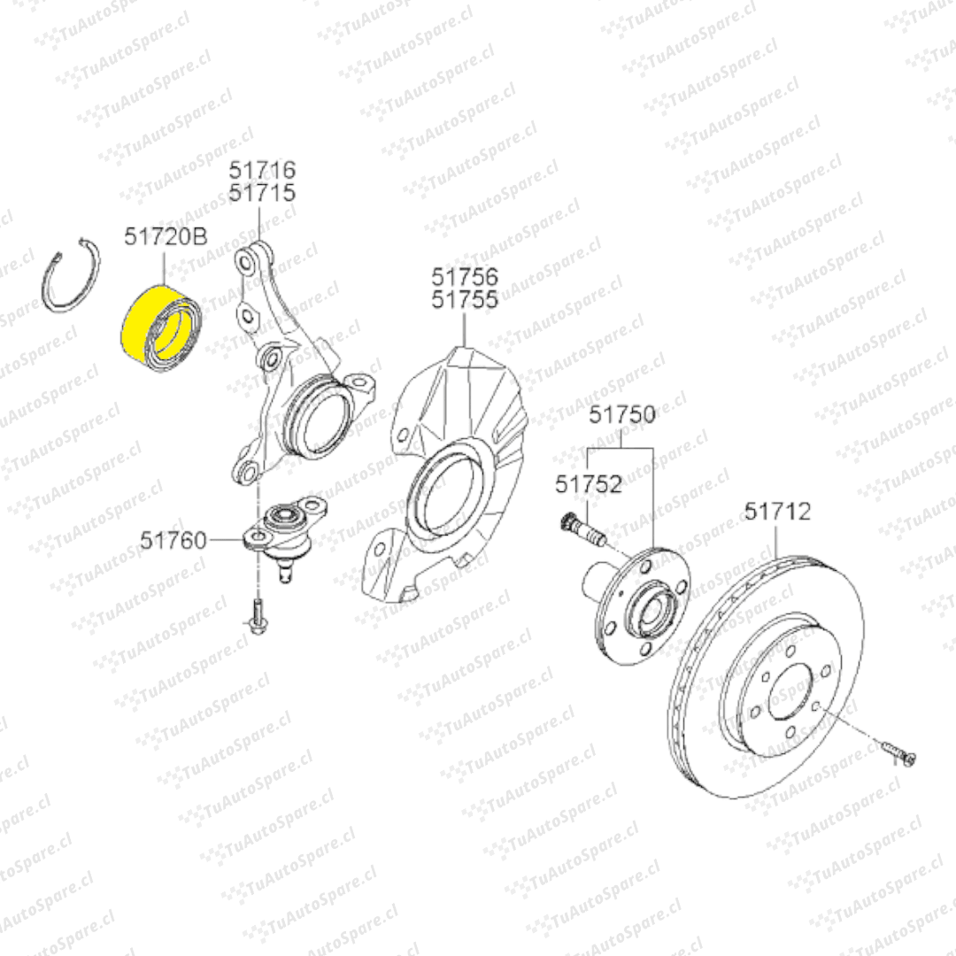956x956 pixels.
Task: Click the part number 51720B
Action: pyautogui.click(x=166, y=236)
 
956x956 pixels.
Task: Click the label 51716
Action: pyautogui.click(x=262, y=169)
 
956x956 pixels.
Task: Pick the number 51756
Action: pyautogui.click(x=465, y=277)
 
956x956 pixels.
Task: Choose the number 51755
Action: pyautogui.click(x=465, y=300)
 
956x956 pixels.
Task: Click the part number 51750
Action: pyautogui.click(x=622, y=414)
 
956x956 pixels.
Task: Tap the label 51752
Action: pyautogui.click(x=589, y=484)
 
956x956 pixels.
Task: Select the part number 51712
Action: pyautogui.click(x=778, y=511)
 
